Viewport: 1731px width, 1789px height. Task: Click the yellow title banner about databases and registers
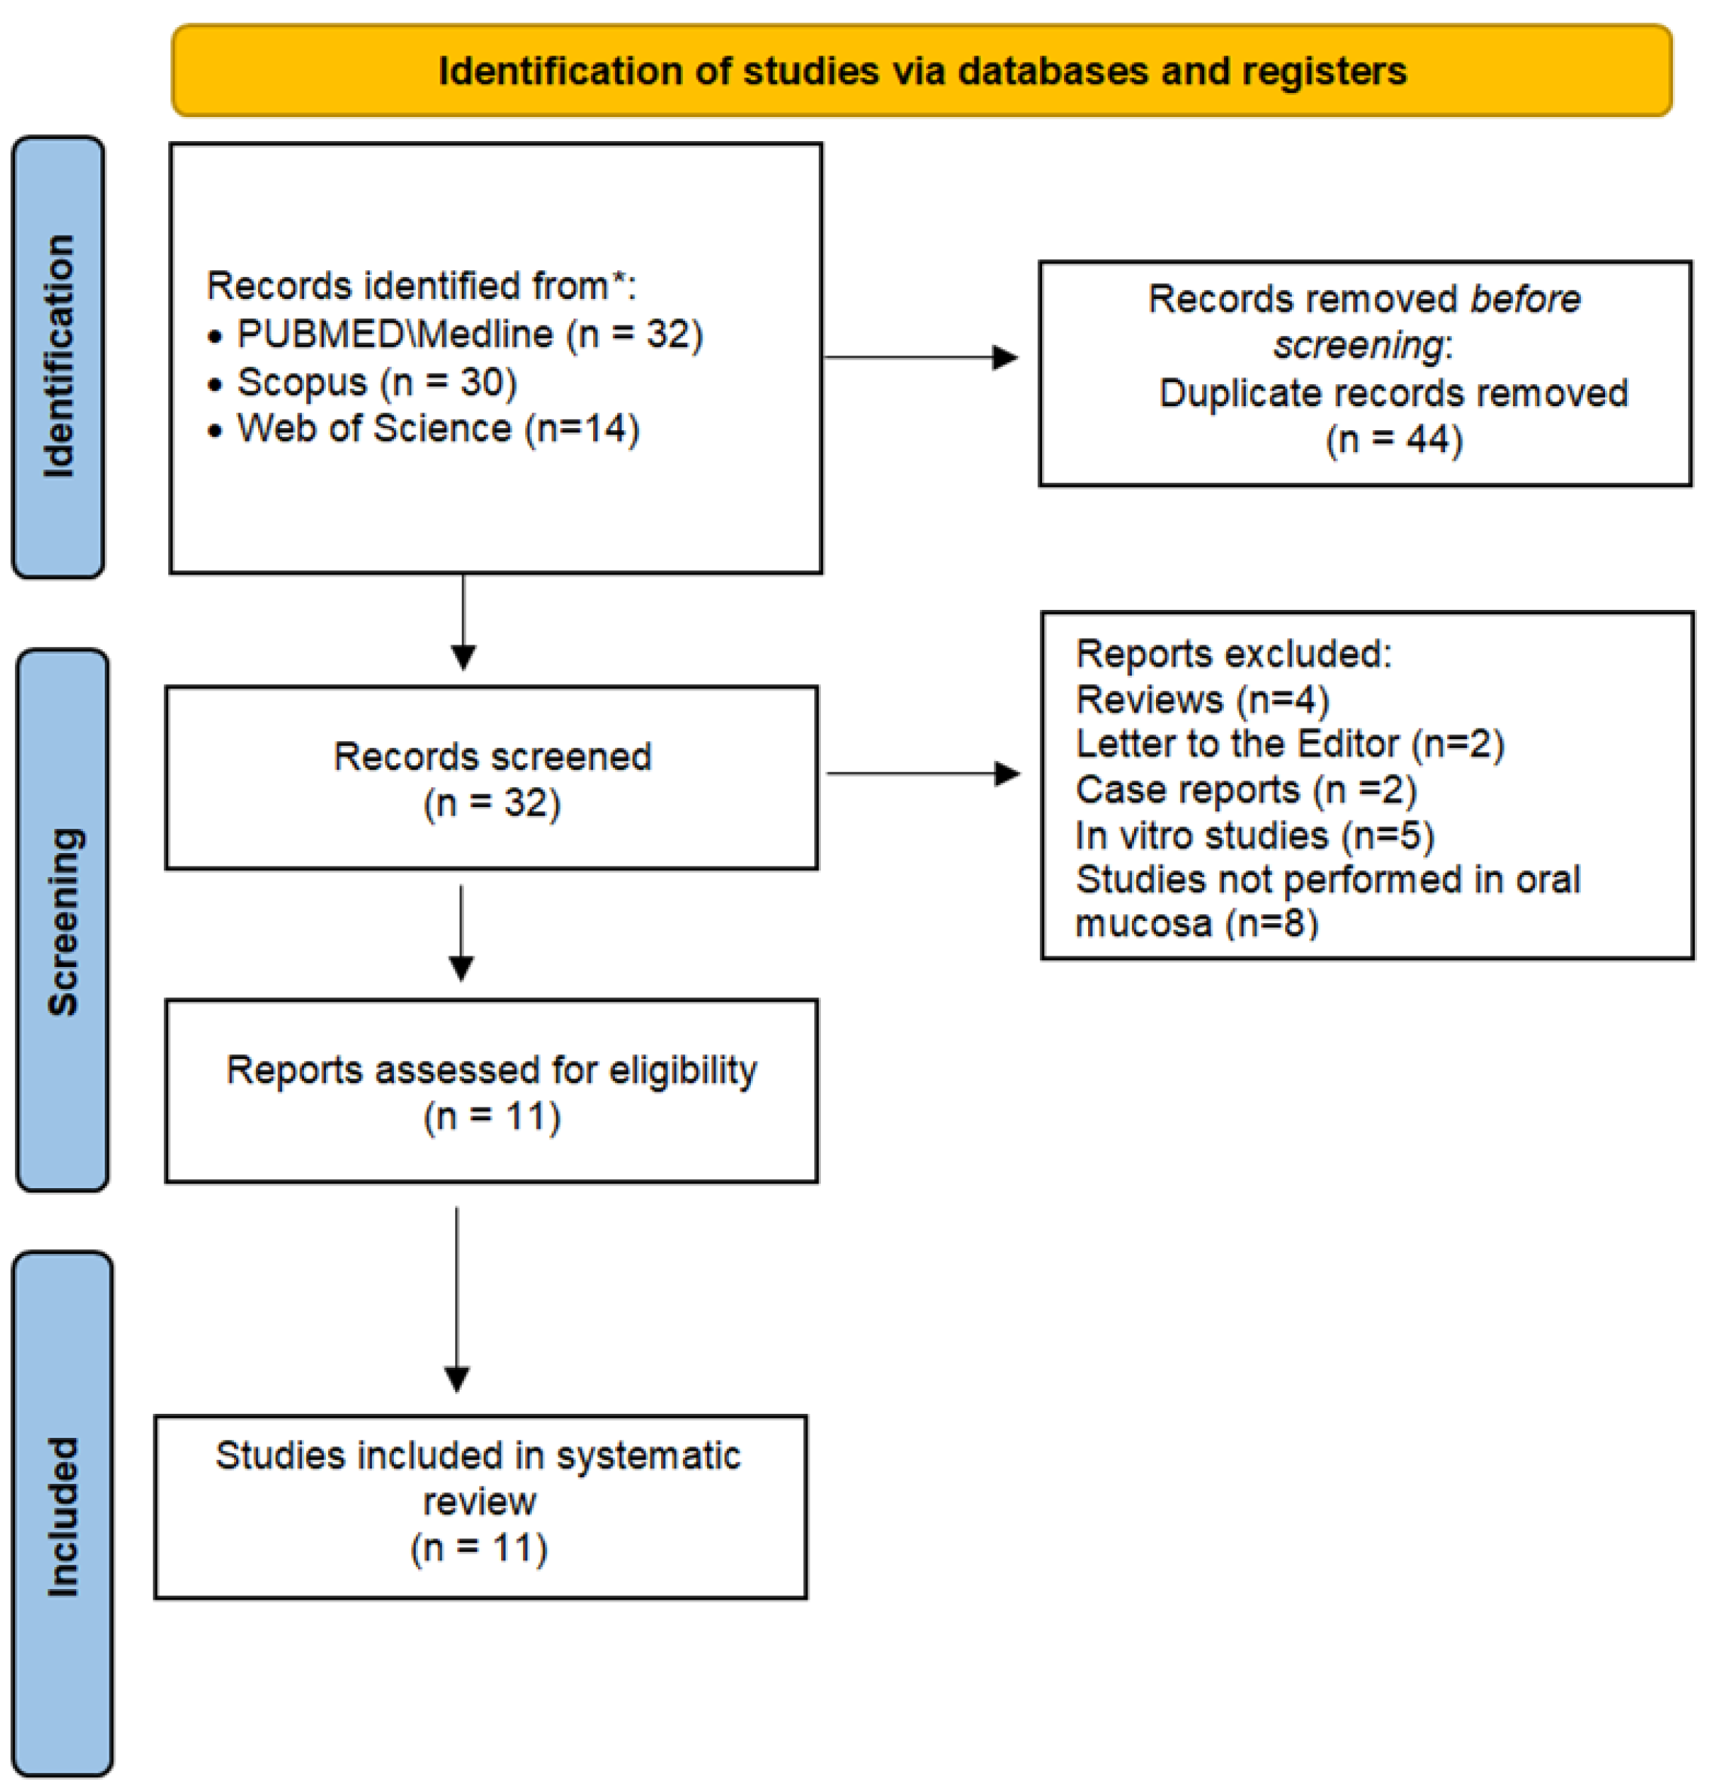point(921,70)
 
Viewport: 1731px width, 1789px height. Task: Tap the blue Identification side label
point(58,357)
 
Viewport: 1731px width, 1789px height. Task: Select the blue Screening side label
point(62,920)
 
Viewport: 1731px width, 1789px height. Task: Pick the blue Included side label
point(63,1515)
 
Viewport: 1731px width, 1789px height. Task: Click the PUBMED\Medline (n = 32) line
point(469,335)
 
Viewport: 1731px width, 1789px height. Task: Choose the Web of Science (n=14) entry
point(438,429)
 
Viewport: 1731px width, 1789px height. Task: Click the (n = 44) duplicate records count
point(1394,440)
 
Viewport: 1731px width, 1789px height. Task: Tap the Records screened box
point(492,777)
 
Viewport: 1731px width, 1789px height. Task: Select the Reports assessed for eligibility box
point(492,1091)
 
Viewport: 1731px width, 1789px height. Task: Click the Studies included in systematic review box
point(480,1506)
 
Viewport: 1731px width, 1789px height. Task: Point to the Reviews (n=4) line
point(1202,700)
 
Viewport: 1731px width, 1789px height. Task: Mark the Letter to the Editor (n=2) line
point(1290,744)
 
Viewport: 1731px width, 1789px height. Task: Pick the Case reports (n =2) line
point(1246,790)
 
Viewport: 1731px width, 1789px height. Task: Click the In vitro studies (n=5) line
point(1255,835)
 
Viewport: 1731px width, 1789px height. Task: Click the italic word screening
point(1357,346)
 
